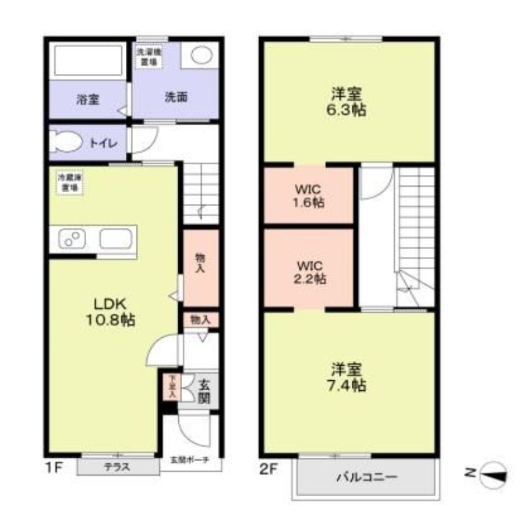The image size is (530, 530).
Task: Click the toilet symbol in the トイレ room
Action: [66, 141]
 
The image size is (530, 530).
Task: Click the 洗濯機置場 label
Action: [148, 56]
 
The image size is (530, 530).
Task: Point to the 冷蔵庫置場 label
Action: [70, 183]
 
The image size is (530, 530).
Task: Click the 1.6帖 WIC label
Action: [309, 195]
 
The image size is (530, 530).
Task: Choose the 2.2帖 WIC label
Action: [309, 271]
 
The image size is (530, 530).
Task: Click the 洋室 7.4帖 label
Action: [348, 377]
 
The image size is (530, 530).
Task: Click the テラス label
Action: [117, 467]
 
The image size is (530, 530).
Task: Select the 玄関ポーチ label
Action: [190, 460]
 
